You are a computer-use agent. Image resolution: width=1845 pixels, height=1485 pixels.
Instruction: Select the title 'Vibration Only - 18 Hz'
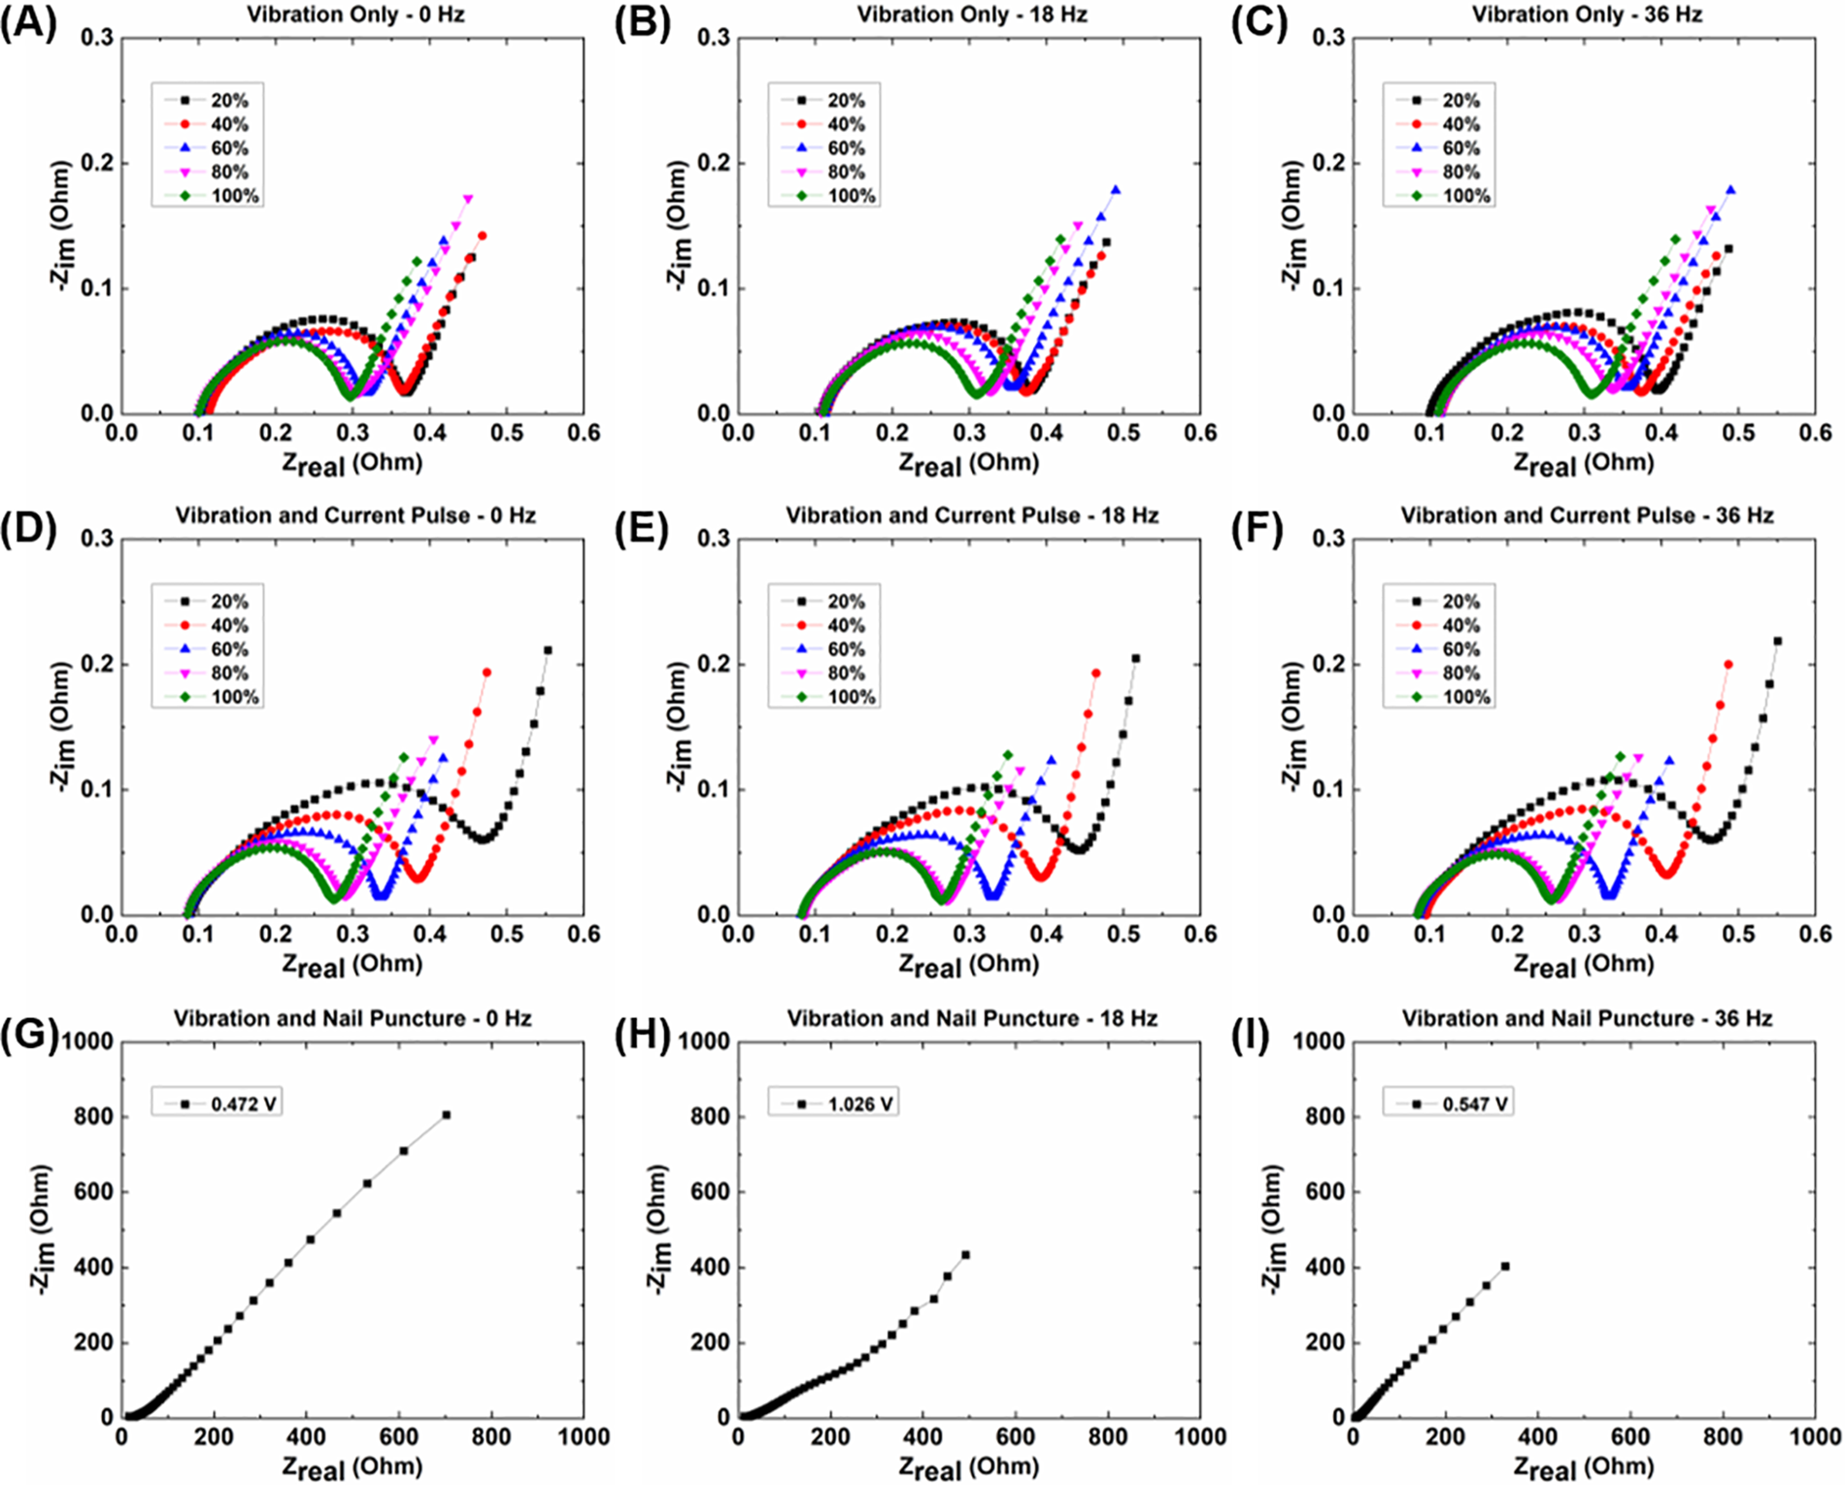point(971,15)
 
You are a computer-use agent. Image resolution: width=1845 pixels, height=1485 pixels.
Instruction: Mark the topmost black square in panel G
point(447,1115)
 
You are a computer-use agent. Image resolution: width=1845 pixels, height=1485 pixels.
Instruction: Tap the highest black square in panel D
point(548,650)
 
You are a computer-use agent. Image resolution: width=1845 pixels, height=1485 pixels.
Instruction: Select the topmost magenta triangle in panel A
point(468,199)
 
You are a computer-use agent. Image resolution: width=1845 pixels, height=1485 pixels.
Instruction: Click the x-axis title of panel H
point(968,1467)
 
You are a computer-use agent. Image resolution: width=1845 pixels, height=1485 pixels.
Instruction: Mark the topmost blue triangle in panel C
point(1730,190)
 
